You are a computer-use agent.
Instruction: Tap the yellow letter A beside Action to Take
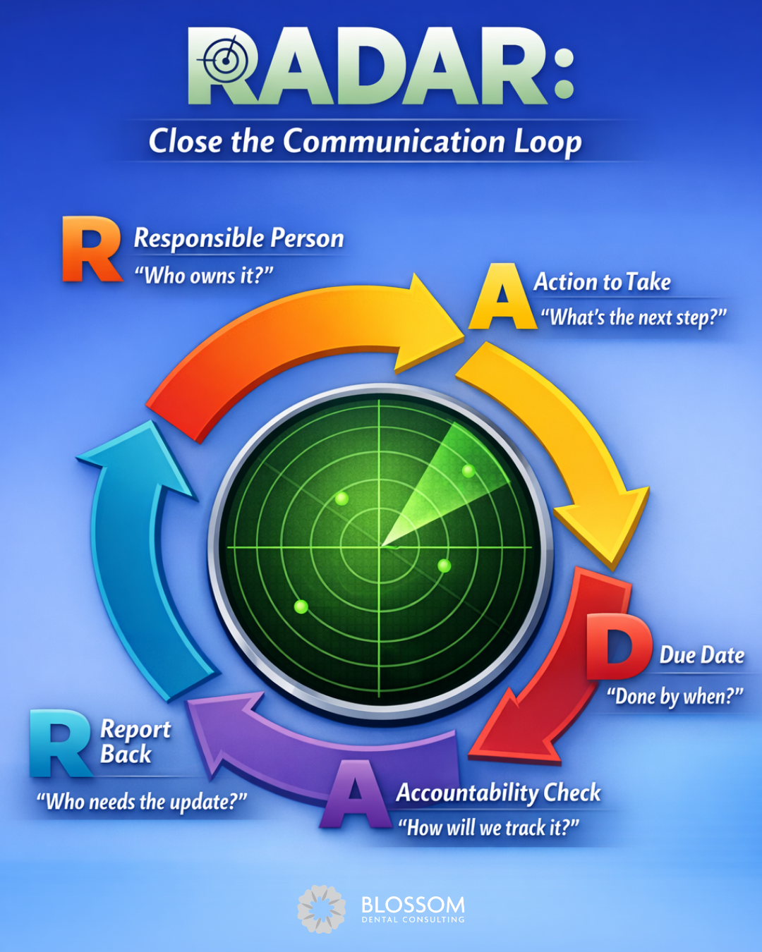pyautogui.click(x=502, y=298)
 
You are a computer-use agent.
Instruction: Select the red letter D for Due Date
pyautogui.click(x=618, y=646)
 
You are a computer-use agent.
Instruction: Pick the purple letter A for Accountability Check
pyautogui.click(x=356, y=795)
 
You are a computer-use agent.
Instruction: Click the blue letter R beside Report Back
pyautogui.click(x=61, y=744)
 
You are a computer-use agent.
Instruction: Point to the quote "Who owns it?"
pyautogui.click(x=204, y=276)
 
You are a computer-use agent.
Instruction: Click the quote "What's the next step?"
pyautogui.click(x=633, y=317)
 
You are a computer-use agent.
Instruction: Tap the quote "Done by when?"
pyautogui.click(x=675, y=697)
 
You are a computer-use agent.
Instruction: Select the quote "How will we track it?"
pyautogui.click(x=488, y=827)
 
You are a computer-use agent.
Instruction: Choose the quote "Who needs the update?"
pyautogui.click(x=142, y=802)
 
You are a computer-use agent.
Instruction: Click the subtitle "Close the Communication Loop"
pyautogui.click(x=365, y=141)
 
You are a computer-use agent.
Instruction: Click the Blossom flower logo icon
pyautogui.click(x=322, y=910)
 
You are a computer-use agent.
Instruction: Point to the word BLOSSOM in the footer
pyautogui.click(x=413, y=905)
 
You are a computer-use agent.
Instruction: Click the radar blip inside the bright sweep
pyautogui.click(x=468, y=470)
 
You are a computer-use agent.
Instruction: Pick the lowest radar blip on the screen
pyautogui.click(x=301, y=606)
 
